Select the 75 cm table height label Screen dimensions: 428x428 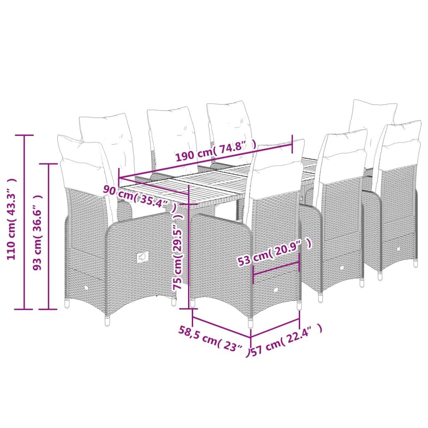pyautogui.click(x=177, y=251)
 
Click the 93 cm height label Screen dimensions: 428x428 pyautogui.click(x=37, y=232)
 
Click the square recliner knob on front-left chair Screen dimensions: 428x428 pyautogui.click(x=143, y=257)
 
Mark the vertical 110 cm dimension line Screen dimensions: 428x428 pyautogui.click(x=24, y=222)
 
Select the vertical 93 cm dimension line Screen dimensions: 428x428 pyautogui.click(x=48, y=237)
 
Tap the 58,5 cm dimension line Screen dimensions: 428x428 pyautogui.click(x=222, y=327)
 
